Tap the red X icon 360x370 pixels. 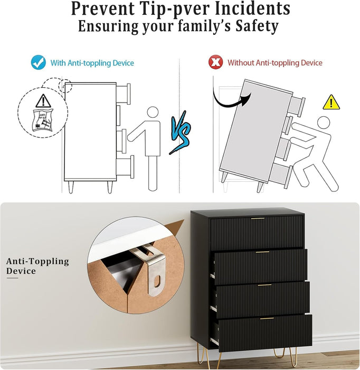click(215, 62)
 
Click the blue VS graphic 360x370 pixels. click(180, 135)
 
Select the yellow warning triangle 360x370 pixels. click(331, 103)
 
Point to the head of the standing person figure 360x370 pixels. click(153, 113)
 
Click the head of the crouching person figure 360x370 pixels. click(323, 123)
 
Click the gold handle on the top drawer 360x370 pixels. click(258, 218)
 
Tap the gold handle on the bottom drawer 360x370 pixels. click(268, 318)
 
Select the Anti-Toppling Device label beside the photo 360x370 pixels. click(37, 266)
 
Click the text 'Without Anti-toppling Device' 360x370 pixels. click(274, 63)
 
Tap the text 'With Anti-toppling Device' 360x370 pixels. click(92, 63)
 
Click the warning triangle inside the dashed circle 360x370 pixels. click(42, 100)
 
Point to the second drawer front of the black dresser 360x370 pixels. click(260, 265)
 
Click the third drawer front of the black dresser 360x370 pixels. click(263, 299)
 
